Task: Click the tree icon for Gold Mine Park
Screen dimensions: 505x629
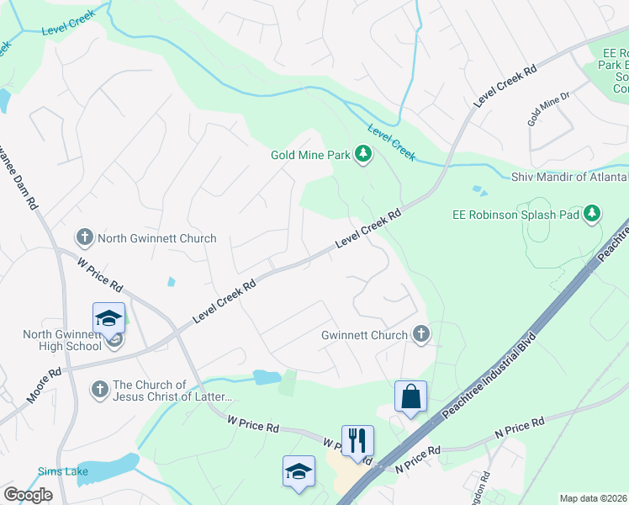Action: (x=363, y=154)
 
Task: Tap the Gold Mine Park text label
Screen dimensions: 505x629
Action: (x=310, y=155)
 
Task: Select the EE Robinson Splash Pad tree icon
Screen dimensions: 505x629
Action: (x=593, y=214)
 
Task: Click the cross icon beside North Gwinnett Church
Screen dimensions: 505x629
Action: (x=84, y=238)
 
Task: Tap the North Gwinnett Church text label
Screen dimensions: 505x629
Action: (x=156, y=238)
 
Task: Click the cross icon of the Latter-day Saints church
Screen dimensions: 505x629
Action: (x=99, y=390)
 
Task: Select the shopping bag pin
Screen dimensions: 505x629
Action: (x=410, y=396)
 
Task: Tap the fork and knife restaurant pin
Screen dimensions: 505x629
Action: (x=357, y=440)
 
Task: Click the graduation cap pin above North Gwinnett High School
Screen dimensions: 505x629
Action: (x=109, y=318)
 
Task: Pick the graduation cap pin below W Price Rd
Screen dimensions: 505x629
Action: (x=299, y=471)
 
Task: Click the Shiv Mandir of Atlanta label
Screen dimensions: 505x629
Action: (x=569, y=177)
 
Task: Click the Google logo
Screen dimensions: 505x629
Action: (x=28, y=495)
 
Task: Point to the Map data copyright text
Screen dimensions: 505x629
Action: (x=593, y=498)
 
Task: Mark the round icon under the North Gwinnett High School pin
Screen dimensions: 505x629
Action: (x=115, y=340)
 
